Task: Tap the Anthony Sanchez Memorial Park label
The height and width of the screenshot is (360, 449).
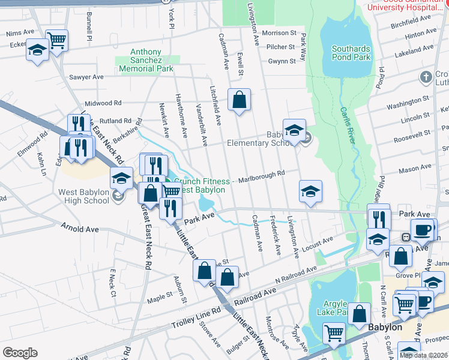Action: click(x=146, y=61)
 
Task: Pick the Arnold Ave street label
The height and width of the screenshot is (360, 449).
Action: click(x=80, y=229)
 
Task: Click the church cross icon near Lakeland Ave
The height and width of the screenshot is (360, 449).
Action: click(x=426, y=77)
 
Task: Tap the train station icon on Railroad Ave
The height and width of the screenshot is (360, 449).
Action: click(x=406, y=236)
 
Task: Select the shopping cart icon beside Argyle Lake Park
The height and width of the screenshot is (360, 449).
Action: click(x=334, y=332)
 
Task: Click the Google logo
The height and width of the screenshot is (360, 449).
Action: click(x=20, y=353)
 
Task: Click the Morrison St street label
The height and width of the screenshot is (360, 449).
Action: click(x=279, y=33)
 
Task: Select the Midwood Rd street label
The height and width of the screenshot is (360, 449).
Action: click(x=103, y=103)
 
